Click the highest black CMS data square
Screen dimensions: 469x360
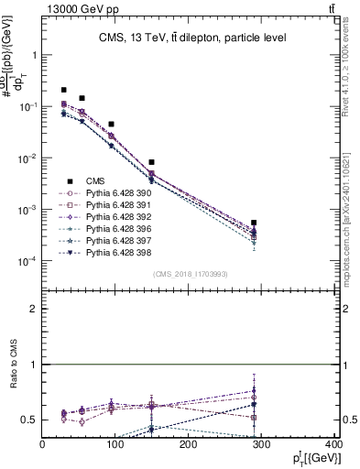64,90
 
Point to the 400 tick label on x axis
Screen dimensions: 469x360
333,446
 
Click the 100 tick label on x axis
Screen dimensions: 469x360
115,446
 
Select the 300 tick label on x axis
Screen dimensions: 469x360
261,446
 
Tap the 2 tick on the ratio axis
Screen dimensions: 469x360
34,309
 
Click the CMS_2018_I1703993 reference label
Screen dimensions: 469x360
190,274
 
